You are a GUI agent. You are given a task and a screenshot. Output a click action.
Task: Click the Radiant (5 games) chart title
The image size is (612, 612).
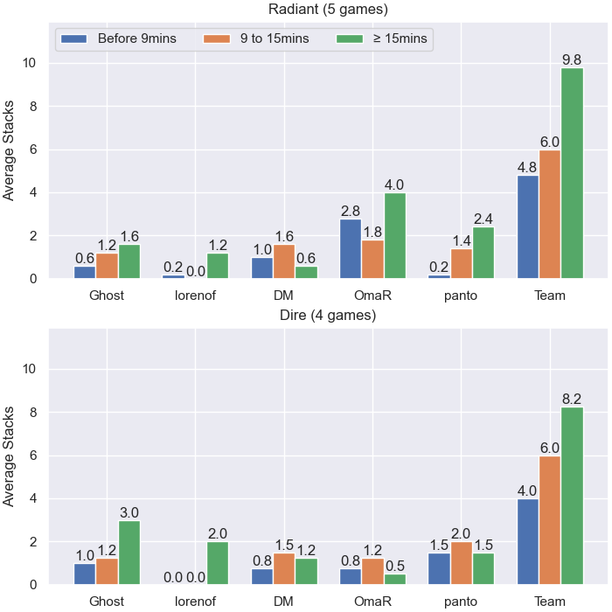328,9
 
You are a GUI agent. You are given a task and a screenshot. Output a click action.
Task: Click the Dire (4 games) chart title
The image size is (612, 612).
328,315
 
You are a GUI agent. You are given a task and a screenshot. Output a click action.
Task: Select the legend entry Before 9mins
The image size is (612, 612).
137,38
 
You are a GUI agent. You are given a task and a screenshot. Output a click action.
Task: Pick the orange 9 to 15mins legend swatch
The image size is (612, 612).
217,38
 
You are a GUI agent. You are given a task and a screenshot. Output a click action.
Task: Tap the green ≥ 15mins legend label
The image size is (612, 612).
400,38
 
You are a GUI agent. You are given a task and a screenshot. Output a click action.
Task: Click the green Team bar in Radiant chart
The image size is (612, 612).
572,173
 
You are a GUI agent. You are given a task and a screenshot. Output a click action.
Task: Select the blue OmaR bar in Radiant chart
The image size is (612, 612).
351,248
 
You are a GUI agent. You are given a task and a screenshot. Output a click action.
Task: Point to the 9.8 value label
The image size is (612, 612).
572,59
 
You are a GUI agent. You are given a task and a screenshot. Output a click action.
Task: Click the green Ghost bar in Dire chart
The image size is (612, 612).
129,553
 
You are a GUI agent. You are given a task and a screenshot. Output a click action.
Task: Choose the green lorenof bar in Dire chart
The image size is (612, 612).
218,563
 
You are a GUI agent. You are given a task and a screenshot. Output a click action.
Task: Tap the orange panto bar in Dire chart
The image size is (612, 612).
462,563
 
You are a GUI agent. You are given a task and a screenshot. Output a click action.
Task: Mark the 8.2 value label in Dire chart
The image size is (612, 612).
572,399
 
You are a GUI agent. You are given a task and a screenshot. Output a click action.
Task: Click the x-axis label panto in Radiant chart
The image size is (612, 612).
461,296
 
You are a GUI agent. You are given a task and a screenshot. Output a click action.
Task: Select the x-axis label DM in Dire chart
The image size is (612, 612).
284,602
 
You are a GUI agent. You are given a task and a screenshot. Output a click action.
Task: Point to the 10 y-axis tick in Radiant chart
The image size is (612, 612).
29,63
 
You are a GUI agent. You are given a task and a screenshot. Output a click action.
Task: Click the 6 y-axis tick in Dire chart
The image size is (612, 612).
33,456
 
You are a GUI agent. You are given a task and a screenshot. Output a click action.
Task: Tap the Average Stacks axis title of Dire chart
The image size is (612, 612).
8,456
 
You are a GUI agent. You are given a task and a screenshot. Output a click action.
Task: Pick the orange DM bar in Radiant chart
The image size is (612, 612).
284,261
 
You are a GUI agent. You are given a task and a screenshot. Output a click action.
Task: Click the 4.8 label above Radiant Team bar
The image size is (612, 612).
527,168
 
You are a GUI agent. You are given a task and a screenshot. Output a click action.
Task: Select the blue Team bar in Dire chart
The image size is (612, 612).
528,541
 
